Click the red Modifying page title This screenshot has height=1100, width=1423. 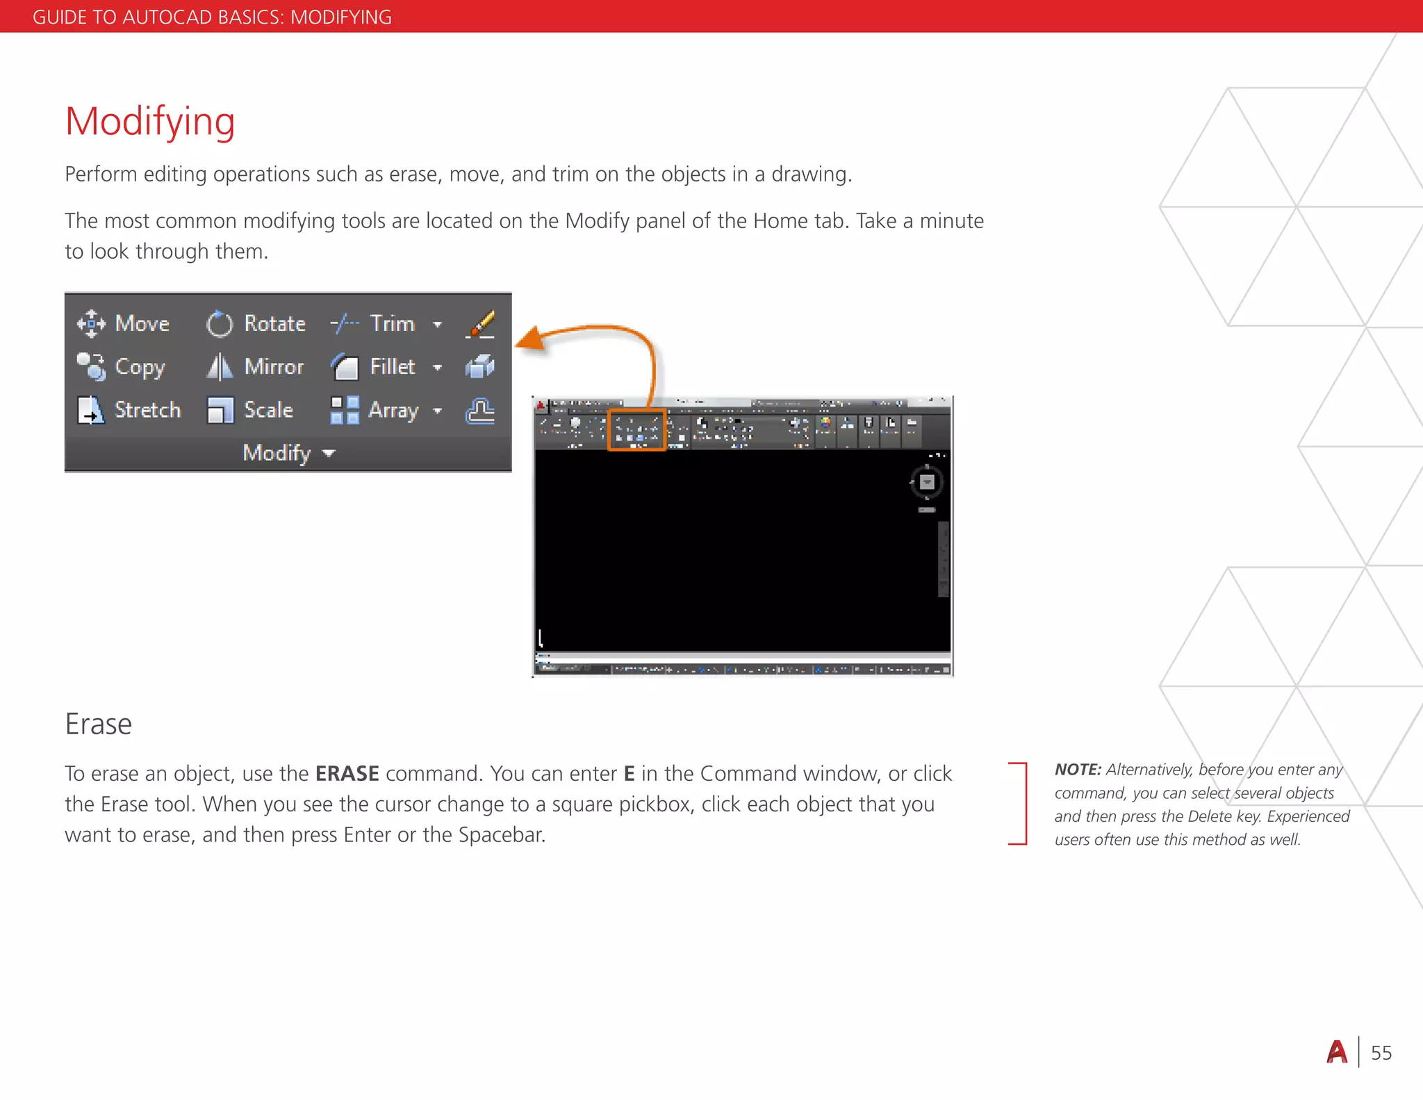click(x=150, y=122)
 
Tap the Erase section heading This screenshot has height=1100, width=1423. click(x=98, y=724)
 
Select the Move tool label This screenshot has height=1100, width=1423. click(x=142, y=323)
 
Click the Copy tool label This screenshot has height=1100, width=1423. click(x=140, y=366)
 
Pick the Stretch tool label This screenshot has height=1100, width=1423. click(x=147, y=410)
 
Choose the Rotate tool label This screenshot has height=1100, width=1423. click(x=274, y=323)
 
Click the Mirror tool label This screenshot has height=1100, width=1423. click(x=274, y=366)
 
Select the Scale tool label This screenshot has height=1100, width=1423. click(x=268, y=410)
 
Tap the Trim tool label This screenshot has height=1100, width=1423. click(x=392, y=323)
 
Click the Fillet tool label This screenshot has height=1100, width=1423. click(x=392, y=366)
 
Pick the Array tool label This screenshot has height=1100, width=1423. click(x=393, y=410)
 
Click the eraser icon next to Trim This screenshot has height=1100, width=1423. click(x=480, y=324)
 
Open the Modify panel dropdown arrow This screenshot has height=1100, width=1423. click(x=329, y=453)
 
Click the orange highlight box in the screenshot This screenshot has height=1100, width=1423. click(x=636, y=430)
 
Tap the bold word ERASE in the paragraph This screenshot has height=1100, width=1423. click(x=347, y=773)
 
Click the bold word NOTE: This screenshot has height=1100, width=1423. click(x=1078, y=769)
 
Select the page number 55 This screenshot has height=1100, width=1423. click(x=1381, y=1053)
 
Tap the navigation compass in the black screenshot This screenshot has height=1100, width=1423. click(x=926, y=482)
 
